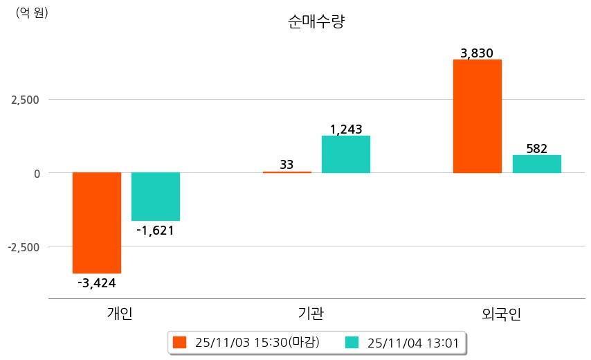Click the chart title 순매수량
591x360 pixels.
click(316, 21)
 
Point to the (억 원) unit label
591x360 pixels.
click(32, 12)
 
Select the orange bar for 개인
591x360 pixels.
click(97, 222)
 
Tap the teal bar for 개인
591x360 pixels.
click(156, 197)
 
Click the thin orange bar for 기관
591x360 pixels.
click(287, 172)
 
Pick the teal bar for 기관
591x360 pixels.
click(346, 154)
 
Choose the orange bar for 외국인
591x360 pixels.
click(478, 116)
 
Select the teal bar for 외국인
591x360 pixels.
click(536, 164)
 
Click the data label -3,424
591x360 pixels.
click(97, 282)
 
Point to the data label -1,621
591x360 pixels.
click(155, 231)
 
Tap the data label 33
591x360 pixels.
click(287, 165)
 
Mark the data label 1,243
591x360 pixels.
click(346, 129)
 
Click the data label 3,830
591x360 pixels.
click(477, 53)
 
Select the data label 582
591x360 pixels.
click(536, 148)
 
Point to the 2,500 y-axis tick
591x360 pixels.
click(26, 100)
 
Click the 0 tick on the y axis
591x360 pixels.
click(37, 173)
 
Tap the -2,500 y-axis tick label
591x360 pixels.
click(24, 246)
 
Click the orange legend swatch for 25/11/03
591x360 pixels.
click(180, 342)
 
